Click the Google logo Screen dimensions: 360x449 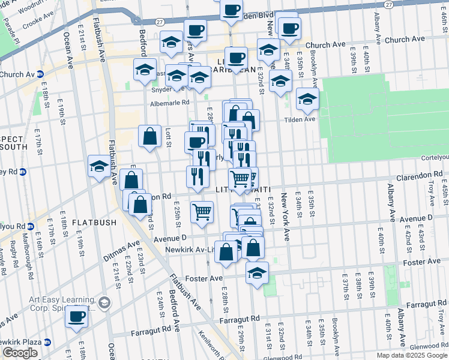tap(20, 353)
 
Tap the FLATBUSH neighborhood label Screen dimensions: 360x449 tap(94, 223)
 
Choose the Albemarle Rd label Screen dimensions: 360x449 tap(169, 103)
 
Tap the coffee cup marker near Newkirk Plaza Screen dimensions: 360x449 tap(76, 316)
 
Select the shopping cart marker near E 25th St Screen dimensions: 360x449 tap(202, 211)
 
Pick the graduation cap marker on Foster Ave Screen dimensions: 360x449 tap(257, 272)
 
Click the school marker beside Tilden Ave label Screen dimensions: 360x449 tap(307, 98)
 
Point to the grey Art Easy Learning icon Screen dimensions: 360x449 tap(104, 302)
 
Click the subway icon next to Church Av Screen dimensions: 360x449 tap(40, 74)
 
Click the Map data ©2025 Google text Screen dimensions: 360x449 tap(411, 355)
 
